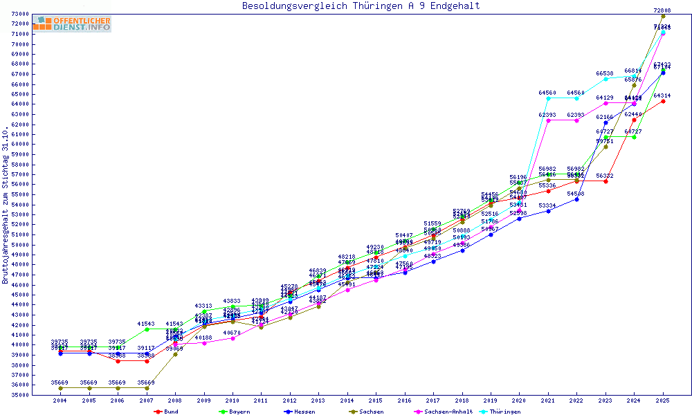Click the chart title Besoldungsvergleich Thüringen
[x=361, y=6]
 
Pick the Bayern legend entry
[x=234, y=412]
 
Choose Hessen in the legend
[x=299, y=412]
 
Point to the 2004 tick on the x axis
[x=61, y=401]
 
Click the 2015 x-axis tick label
[x=376, y=401]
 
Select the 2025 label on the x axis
[x=663, y=401]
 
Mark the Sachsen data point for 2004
[x=61, y=388]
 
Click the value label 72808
[x=662, y=10]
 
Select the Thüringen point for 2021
[x=548, y=98]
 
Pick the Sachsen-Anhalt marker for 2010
[x=233, y=338]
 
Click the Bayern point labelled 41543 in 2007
[x=147, y=329]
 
